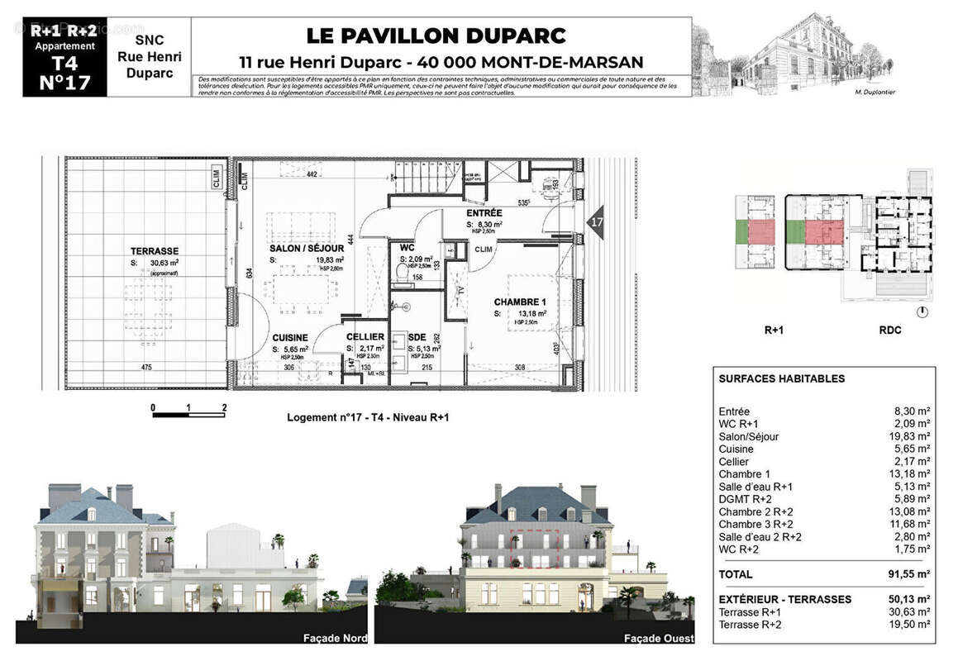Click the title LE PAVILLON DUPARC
click(436, 36)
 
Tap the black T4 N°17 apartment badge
click(64, 57)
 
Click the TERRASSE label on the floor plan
click(154, 251)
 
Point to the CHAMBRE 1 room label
click(521, 302)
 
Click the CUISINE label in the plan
click(290, 337)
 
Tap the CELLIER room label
click(365, 337)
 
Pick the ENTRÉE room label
click(484, 213)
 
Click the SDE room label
click(419, 337)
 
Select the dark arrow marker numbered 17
click(595, 222)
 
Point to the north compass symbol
click(922, 311)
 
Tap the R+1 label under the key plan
click(773, 330)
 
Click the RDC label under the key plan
click(889, 330)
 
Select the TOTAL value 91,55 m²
click(904, 574)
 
